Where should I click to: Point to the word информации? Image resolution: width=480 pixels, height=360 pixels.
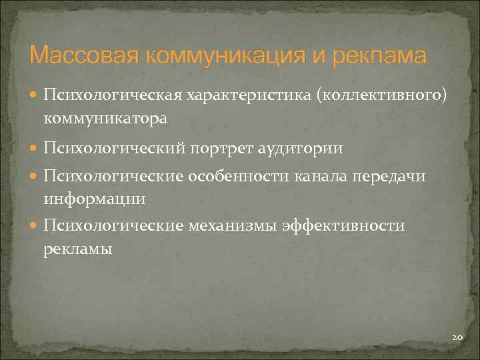click(94, 199)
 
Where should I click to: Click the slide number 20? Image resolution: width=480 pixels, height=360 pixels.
click(457, 338)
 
